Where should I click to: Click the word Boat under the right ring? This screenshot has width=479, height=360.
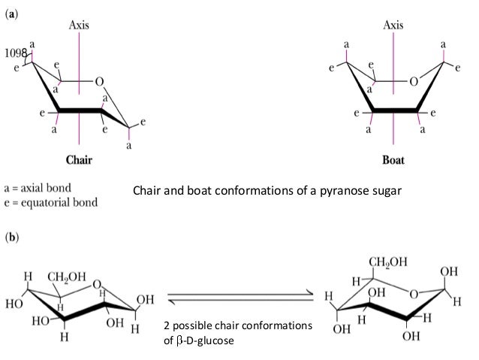(393, 160)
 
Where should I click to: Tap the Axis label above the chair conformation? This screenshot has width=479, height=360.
(80, 25)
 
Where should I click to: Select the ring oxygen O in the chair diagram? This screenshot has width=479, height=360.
(100, 82)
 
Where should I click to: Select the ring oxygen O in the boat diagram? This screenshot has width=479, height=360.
(404, 83)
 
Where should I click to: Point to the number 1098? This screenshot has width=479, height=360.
(15, 53)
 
